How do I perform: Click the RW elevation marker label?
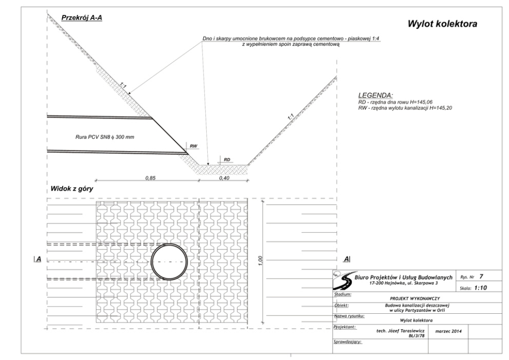(193, 146)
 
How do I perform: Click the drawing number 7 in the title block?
(481, 276)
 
